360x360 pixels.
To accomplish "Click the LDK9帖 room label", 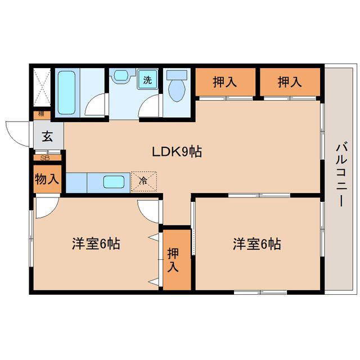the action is click(x=177, y=152).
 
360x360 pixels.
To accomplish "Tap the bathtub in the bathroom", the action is click(x=66, y=93).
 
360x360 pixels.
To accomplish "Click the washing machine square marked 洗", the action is click(x=147, y=79).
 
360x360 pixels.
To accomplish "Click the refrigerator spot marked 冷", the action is click(x=144, y=181).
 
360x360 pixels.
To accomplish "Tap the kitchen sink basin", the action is click(x=114, y=182).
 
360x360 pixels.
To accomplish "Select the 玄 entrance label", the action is click(x=47, y=136).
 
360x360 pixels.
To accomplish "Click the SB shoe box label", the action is click(x=45, y=158).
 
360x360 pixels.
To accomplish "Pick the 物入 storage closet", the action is click(x=47, y=179).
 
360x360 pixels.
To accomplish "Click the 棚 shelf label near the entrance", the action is click(x=41, y=114).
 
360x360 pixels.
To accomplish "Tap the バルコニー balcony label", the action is click(x=341, y=175).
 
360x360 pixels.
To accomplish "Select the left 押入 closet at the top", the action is click(x=225, y=82).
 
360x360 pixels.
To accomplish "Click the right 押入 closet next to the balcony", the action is click(x=290, y=82).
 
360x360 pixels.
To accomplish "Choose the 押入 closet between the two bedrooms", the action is click(x=177, y=260).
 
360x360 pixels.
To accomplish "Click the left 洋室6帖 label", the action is click(x=96, y=244).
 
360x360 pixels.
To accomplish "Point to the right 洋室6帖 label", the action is click(x=257, y=244).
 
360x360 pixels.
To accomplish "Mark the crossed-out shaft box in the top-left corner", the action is click(x=42, y=87).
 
